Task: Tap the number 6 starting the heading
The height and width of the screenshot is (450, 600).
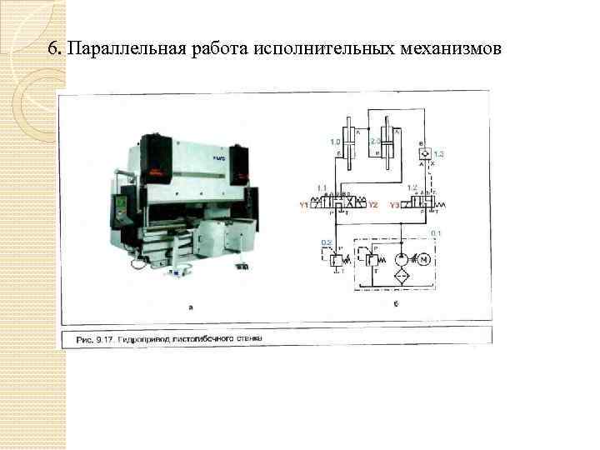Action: tap(52, 49)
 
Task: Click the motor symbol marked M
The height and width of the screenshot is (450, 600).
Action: tap(425, 258)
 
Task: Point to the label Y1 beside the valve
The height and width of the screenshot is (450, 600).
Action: tap(304, 204)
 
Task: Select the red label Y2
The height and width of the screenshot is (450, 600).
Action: tap(373, 204)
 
